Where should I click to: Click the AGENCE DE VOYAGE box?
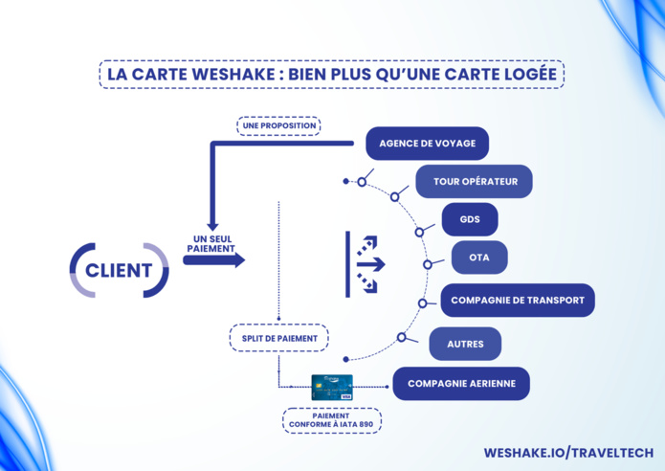point(427,144)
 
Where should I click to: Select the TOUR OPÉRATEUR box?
point(474,181)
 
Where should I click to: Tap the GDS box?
point(470,219)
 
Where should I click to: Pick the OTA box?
point(479,257)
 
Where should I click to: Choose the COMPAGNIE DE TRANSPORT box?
point(518,300)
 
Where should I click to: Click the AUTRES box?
point(466,343)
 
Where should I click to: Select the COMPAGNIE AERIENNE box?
point(461,384)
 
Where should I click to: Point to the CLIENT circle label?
point(119,269)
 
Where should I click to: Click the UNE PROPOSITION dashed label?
point(277,125)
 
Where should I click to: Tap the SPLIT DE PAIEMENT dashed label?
point(278,338)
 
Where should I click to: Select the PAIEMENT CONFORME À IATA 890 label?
point(331,420)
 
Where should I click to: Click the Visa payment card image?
point(331,387)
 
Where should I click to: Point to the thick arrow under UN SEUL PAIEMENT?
point(214,259)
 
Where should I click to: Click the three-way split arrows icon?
point(366,262)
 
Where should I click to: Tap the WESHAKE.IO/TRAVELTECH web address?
point(568,452)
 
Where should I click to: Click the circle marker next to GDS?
point(419,232)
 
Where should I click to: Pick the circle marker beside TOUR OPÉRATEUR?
point(362,182)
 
